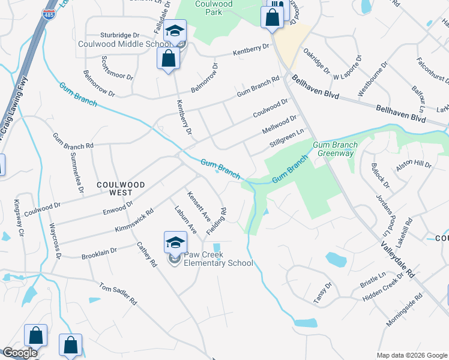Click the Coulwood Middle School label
coord(124,44)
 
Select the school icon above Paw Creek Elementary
coord(176,242)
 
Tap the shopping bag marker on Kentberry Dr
coord(169,59)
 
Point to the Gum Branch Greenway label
coord(335,149)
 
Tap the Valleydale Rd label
coord(397,259)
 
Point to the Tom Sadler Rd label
coord(118,295)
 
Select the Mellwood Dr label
coord(280,125)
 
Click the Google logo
coord(20,353)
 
